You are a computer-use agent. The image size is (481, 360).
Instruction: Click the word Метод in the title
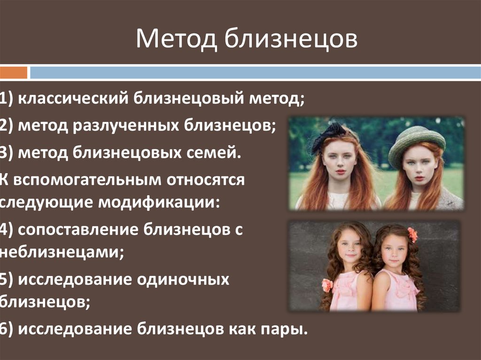coord(177,38)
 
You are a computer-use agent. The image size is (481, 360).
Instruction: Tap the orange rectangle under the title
coord(14,73)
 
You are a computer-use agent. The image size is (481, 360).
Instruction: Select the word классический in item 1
coord(73,99)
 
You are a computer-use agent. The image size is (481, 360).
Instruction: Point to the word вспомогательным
coord(87,180)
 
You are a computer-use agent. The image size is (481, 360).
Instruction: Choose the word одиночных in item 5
coord(183,280)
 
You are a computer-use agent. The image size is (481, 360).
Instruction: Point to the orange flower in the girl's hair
coord(412,235)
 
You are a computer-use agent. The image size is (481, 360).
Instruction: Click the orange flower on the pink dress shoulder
coord(327,285)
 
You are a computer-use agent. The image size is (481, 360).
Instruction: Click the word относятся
coord(206,180)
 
